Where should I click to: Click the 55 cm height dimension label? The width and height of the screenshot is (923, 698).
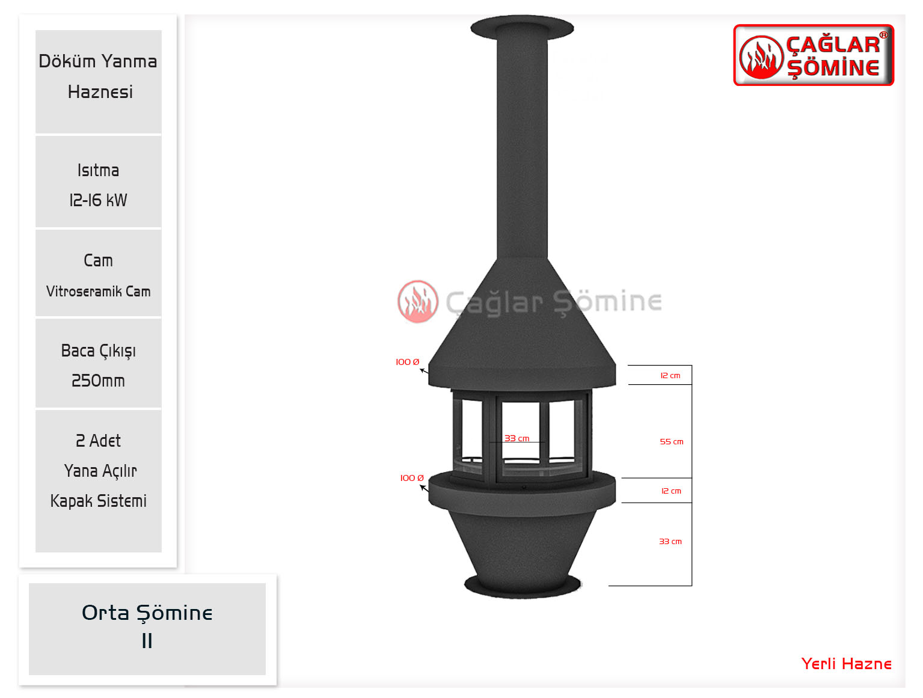pyautogui.click(x=671, y=442)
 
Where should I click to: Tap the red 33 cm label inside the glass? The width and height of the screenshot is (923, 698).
pyautogui.click(x=517, y=438)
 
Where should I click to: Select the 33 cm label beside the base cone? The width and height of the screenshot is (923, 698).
pyautogui.click(x=670, y=541)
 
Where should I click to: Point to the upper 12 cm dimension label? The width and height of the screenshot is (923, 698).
pyautogui.click(x=670, y=375)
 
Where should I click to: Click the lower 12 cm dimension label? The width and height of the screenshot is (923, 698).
pyautogui.click(x=670, y=491)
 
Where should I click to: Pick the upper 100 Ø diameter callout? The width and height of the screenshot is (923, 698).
pyautogui.click(x=407, y=362)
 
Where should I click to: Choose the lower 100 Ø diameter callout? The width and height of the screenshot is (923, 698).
pyautogui.click(x=412, y=478)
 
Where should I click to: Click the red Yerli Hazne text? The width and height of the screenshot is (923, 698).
pyautogui.click(x=846, y=664)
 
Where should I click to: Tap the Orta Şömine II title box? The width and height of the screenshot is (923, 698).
pyautogui.click(x=147, y=629)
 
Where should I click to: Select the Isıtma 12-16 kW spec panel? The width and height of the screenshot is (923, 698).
pyautogui.click(x=99, y=182)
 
